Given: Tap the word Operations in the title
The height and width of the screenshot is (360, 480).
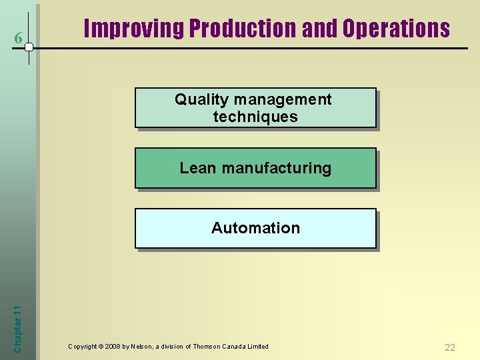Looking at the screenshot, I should [x=396, y=29].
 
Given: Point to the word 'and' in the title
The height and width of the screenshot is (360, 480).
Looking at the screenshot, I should [x=320, y=29].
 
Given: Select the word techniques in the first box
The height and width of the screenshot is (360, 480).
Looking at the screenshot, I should [x=255, y=117].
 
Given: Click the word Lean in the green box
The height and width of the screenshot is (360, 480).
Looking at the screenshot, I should [x=198, y=168].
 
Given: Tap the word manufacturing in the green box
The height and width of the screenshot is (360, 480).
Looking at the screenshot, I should [x=276, y=168].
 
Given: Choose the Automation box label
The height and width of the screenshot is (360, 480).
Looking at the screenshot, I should [x=255, y=228].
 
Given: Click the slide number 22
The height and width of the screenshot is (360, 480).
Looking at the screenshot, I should [x=450, y=347].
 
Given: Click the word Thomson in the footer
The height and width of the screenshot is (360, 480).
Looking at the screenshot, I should [x=209, y=347].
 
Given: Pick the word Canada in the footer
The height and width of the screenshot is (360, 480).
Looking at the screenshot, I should [x=237, y=347].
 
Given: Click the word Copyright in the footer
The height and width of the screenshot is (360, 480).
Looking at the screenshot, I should [x=82, y=347].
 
